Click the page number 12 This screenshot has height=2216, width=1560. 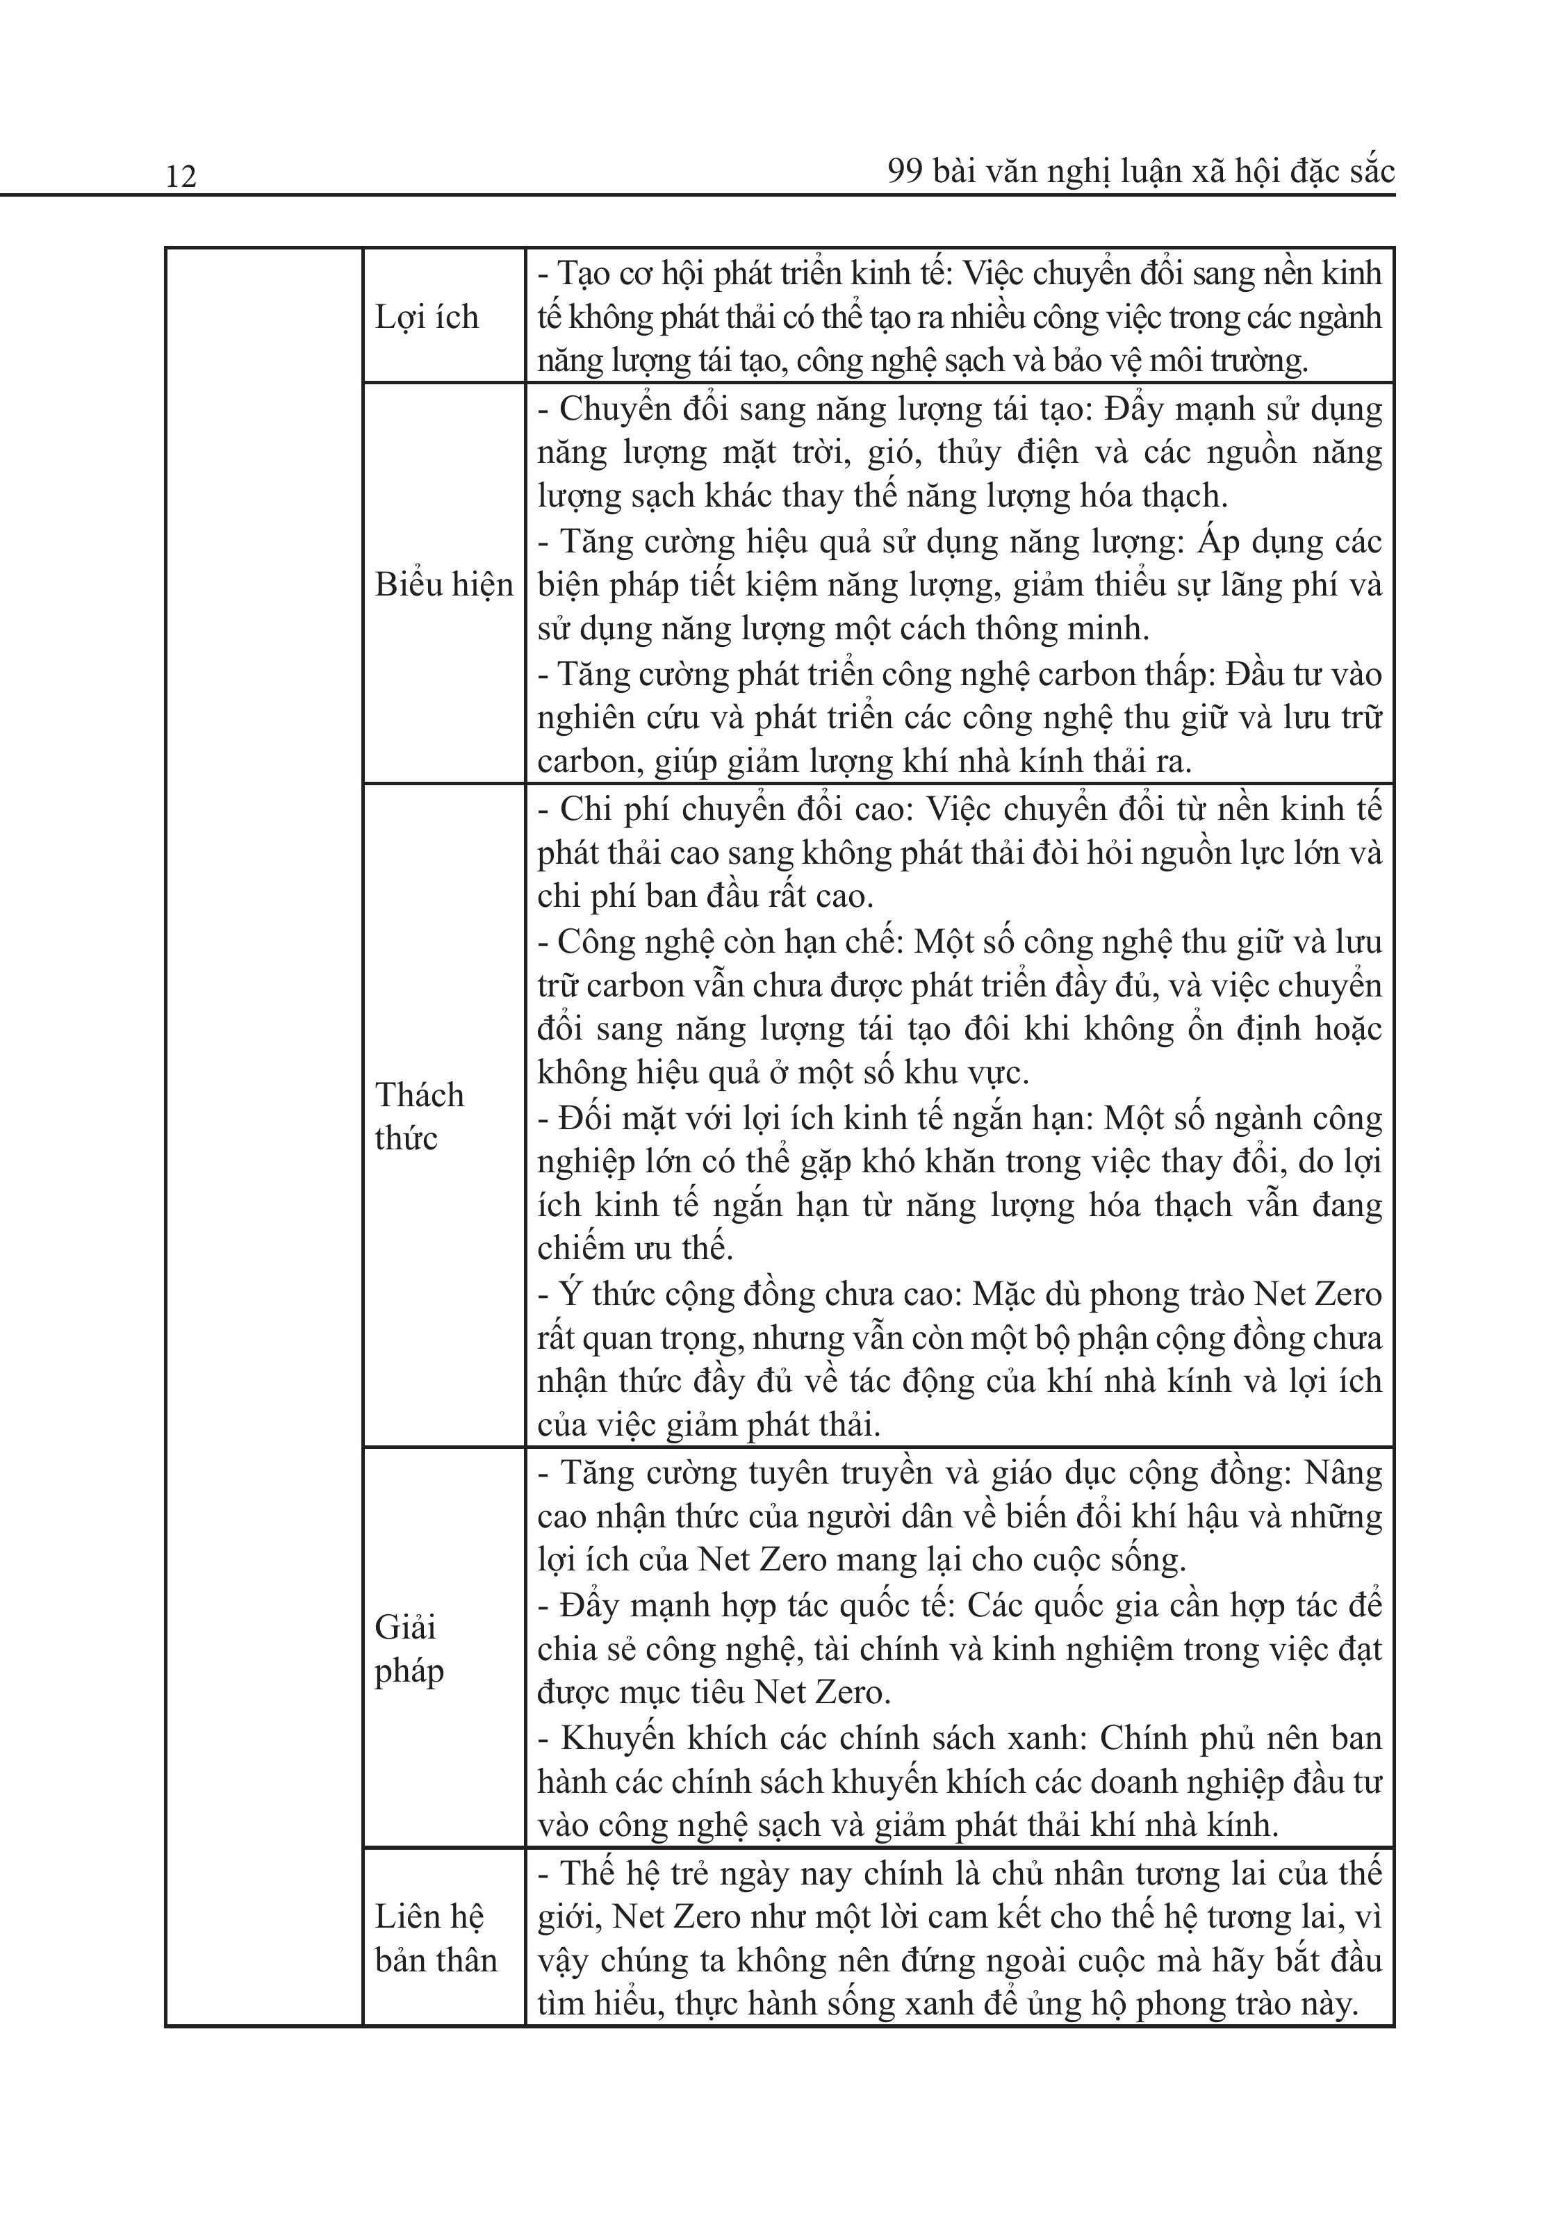[x=181, y=177]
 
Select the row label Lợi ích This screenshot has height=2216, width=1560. [x=426, y=318]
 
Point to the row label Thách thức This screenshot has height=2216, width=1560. [x=419, y=1116]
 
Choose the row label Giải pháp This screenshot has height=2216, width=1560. [x=409, y=1648]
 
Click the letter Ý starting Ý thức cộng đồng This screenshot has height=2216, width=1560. [x=570, y=1293]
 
